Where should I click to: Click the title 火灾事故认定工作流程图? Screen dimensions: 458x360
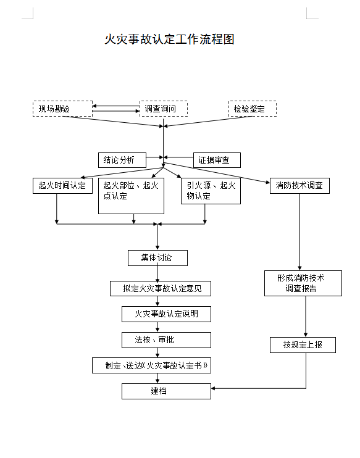[170, 40]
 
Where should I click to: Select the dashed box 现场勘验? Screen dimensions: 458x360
[62, 109]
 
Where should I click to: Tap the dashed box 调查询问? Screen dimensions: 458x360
[163, 109]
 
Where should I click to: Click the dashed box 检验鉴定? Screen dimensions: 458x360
[252, 109]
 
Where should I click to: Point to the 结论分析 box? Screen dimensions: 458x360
[122, 160]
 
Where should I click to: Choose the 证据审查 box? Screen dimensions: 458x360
[217, 160]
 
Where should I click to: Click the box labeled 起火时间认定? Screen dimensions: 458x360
[62, 185]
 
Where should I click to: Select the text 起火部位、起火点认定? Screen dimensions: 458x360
[131, 191]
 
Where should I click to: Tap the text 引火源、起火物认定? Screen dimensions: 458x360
[211, 191]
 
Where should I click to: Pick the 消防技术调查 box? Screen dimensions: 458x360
[299, 185]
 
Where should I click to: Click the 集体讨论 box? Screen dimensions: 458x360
[157, 258]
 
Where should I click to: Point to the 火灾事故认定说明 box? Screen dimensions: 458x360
[166, 314]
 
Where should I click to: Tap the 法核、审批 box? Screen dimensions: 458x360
[166, 340]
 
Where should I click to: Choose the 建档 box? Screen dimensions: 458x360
[166, 391]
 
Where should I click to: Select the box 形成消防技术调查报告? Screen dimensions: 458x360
[303, 283]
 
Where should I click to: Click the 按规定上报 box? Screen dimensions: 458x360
[303, 345]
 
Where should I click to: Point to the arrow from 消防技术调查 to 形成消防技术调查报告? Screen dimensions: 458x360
[299, 231]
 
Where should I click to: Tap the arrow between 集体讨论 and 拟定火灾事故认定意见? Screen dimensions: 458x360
[158, 273]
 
